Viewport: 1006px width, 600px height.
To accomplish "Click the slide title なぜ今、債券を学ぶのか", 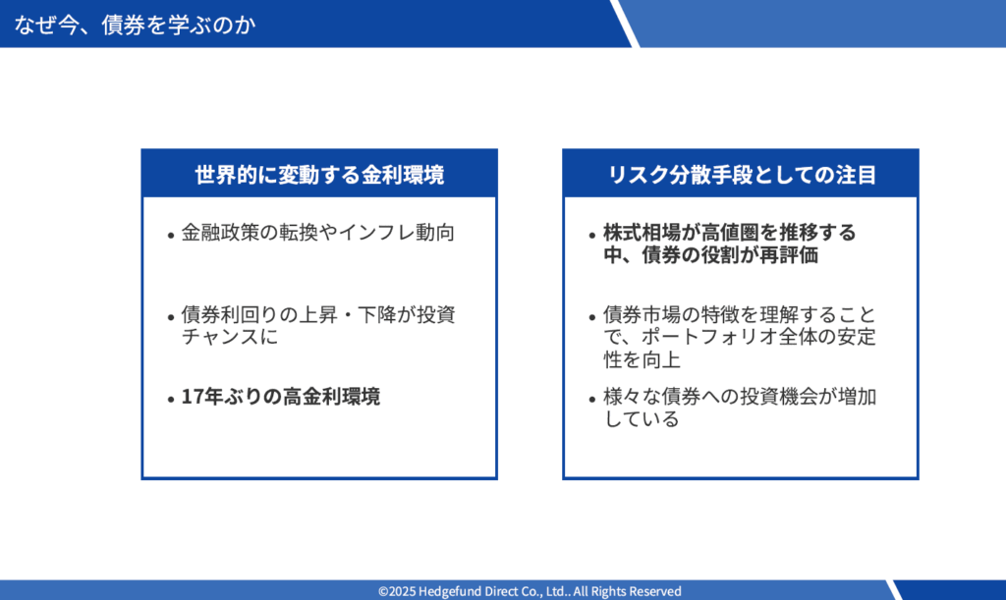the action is [x=135, y=25].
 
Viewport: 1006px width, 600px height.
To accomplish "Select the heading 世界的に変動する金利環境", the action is [x=319, y=175].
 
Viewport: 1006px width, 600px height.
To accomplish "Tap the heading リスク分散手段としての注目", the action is [x=741, y=175].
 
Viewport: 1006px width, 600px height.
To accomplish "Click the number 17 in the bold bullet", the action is [x=192, y=397].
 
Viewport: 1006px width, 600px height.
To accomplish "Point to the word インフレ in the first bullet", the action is [x=376, y=232].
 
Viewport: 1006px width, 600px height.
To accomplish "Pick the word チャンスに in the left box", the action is [x=230, y=337].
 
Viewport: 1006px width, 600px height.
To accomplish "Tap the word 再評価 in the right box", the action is [x=789, y=255].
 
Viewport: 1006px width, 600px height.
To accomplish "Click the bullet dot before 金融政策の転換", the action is [x=171, y=236].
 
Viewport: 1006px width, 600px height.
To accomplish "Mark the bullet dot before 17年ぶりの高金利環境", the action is [x=171, y=400].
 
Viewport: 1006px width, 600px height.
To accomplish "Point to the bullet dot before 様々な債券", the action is [x=592, y=400].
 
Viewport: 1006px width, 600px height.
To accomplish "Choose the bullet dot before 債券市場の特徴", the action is [x=592, y=318].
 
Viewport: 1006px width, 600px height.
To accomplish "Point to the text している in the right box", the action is [x=642, y=419].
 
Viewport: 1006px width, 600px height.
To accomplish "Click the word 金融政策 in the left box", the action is [x=220, y=232].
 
